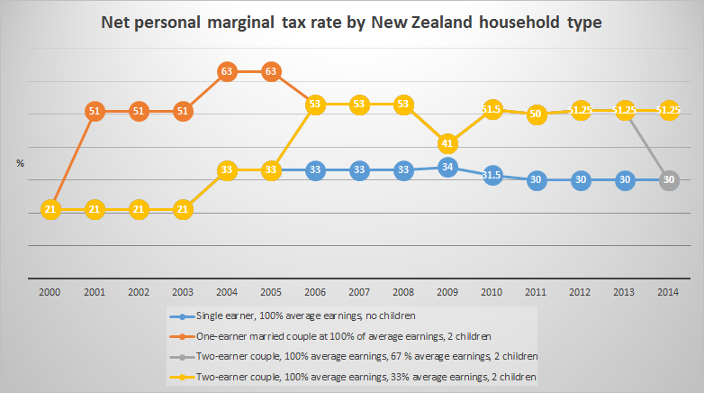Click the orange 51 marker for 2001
pyautogui.click(x=95, y=112)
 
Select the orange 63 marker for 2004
pyautogui.click(x=227, y=71)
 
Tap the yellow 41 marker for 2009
pyautogui.click(x=447, y=143)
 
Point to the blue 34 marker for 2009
pyautogui.click(x=447, y=167)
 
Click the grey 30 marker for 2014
pyautogui.click(x=668, y=179)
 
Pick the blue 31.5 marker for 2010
pyautogui.click(x=492, y=175)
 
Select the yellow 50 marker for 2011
pyautogui.click(x=536, y=114)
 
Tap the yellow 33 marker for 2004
pyautogui.click(x=227, y=169)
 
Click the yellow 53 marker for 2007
pyautogui.click(x=359, y=105)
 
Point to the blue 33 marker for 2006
pyautogui.click(x=315, y=169)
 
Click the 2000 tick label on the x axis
pyautogui.click(x=50, y=293)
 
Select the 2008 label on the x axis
pyautogui.click(x=403, y=293)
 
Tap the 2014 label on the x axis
pyautogui.click(x=668, y=293)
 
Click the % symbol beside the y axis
pyautogui.click(x=20, y=163)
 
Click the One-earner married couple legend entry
pyautogui.click(x=324, y=336)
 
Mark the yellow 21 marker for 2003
pyautogui.click(x=183, y=210)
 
